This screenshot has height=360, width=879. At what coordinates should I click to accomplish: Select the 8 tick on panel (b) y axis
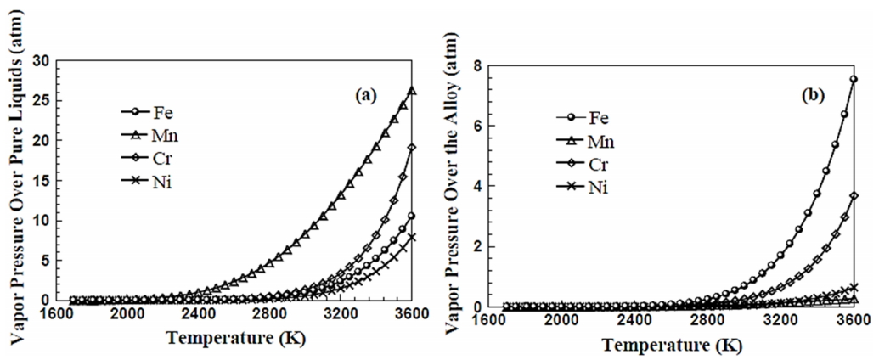click(x=480, y=65)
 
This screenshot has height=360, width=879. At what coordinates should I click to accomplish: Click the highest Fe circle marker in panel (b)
click(x=853, y=80)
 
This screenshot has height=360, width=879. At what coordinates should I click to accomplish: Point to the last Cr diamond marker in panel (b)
click(x=853, y=196)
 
